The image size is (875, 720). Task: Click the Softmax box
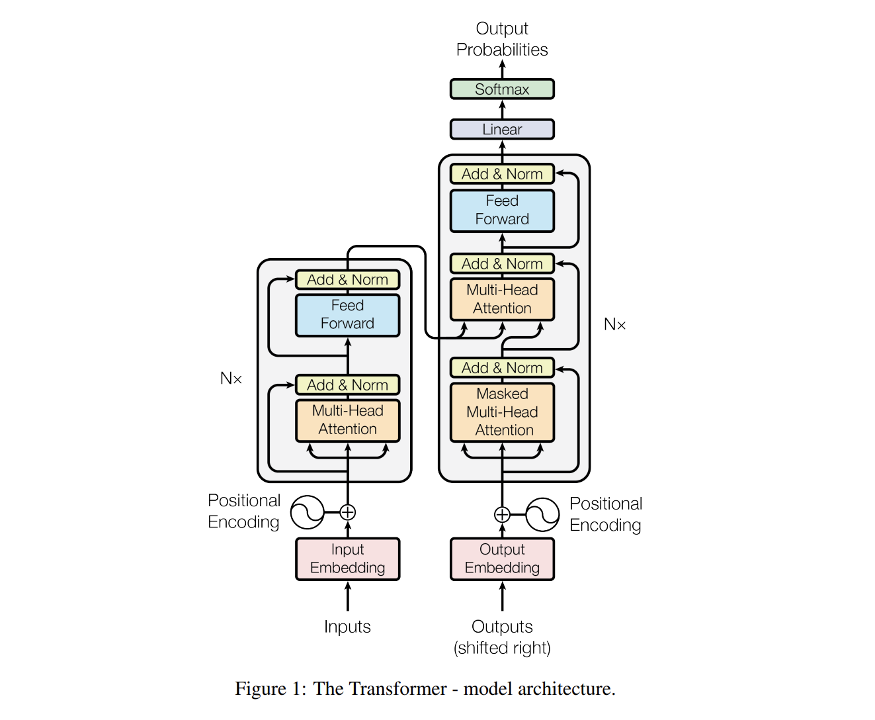click(x=502, y=89)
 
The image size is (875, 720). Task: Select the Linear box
click(x=502, y=129)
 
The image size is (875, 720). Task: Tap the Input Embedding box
click(x=347, y=559)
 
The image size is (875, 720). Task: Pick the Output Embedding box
click(x=502, y=559)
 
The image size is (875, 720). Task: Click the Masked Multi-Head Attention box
click(x=502, y=412)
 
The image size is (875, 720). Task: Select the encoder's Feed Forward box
click(x=347, y=314)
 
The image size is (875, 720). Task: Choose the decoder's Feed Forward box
click(x=502, y=210)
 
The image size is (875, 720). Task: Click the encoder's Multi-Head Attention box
click(x=347, y=420)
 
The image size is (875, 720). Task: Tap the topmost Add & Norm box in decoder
click(x=502, y=174)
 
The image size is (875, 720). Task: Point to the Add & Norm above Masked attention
click(x=502, y=368)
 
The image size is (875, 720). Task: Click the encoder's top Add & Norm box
click(x=347, y=280)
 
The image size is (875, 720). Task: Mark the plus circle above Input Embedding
click(x=348, y=512)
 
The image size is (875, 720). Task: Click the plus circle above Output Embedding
click(x=502, y=514)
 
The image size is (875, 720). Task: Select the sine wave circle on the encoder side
click(x=307, y=512)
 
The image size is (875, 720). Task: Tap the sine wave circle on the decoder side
click(x=543, y=514)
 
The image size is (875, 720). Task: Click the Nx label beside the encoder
click(x=231, y=379)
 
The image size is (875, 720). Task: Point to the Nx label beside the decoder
click(x=614, y=324)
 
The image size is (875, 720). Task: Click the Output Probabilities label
click(x=502, y=39)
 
